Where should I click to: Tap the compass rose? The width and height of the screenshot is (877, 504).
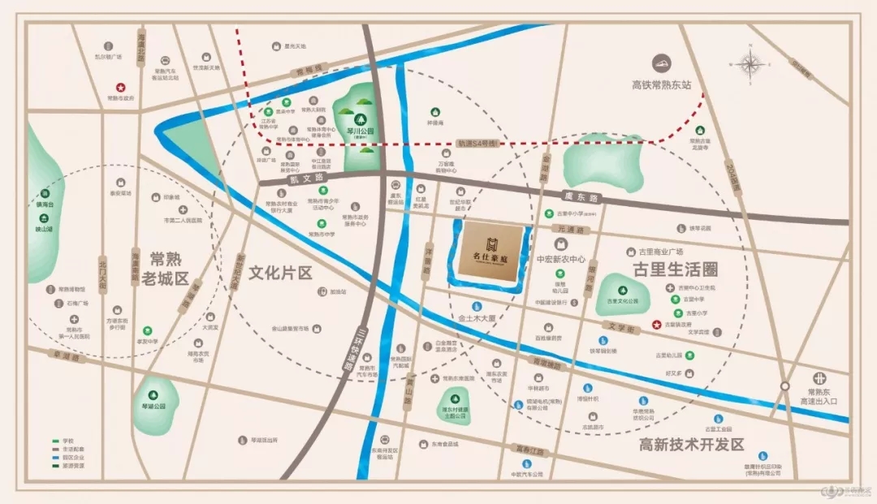coord(752,64)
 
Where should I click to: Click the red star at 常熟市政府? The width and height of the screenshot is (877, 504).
coord(121,87)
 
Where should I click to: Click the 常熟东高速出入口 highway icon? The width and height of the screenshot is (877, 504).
coord(820,377)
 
